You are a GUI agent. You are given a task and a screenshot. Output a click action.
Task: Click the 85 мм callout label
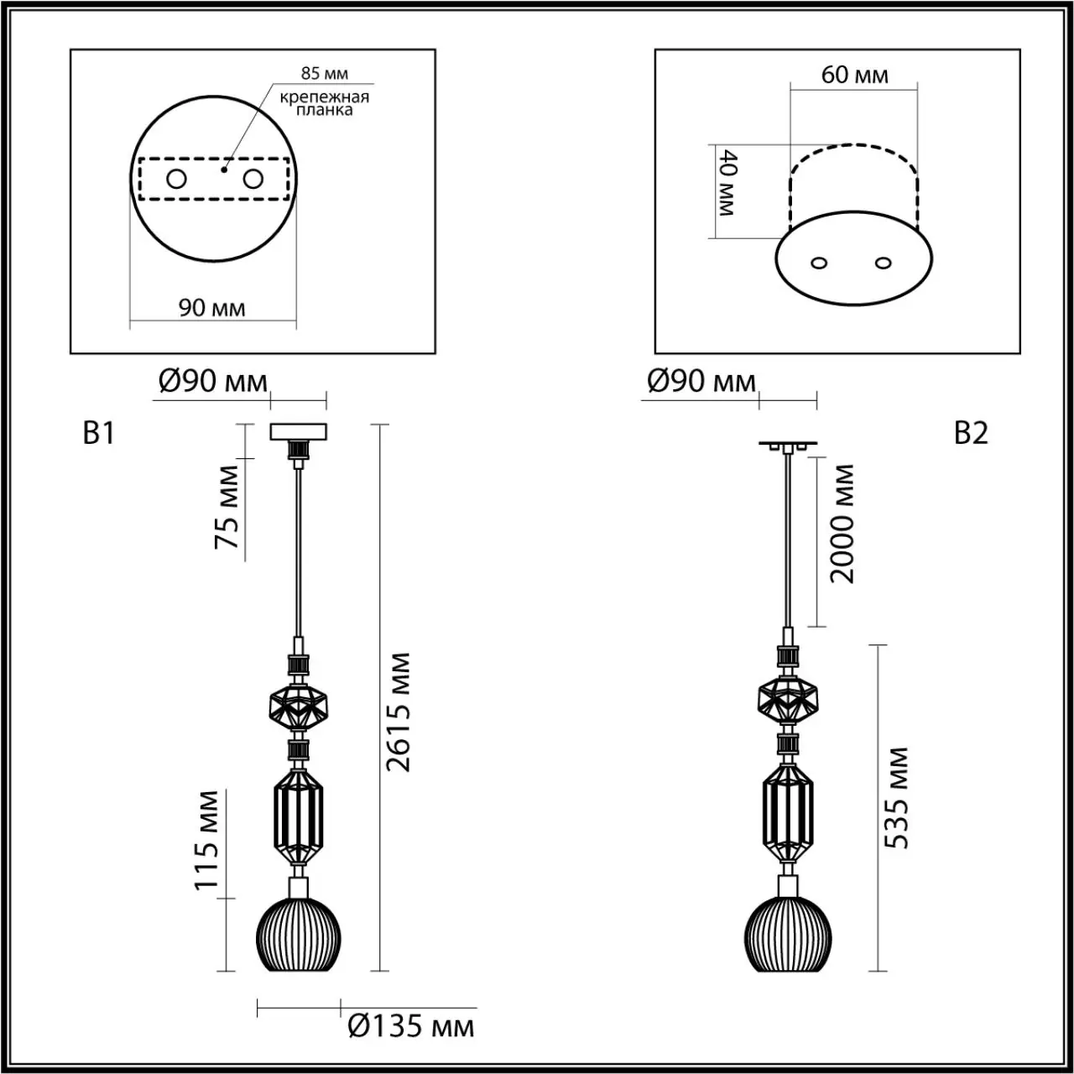pyautogui.click(x=325, y=73)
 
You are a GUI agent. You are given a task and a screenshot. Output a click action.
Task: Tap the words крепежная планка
pyautogui.click(x=325, y=103)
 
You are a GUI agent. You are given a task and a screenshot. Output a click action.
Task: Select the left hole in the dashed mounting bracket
pyautogui.click(x=177, y=180)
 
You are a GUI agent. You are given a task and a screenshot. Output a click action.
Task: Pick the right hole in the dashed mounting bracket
pyautogui.click(x=253, y=180)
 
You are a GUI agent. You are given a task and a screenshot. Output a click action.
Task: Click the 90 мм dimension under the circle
pyautogui.click(x=211, y=307)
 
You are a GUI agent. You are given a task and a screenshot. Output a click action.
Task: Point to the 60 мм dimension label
pyautogui.click(x=854, y=75)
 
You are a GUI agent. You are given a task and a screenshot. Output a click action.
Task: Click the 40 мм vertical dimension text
pyautogui.click(x=728, y=182)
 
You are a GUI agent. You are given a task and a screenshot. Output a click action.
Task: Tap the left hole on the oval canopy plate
pyautogui.click(x=819, y=263)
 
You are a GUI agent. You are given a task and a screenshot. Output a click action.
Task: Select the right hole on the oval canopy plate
pyautogui.click(x=883, y=263)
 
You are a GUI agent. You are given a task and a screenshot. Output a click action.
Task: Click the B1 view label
pyautogui.click(x=99, y=433)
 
